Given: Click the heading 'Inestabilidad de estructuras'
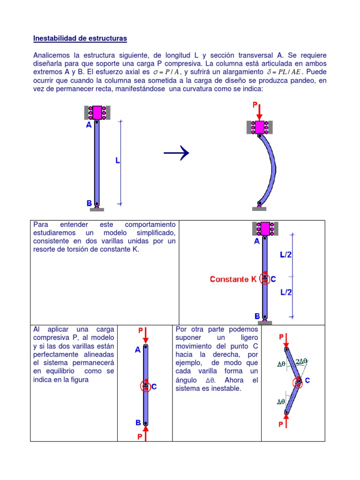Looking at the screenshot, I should tap(80, 38).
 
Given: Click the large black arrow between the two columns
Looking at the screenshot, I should tap(176, 153).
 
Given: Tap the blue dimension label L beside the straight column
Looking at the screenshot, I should tap(118, 160).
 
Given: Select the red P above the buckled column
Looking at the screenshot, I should tap(256, 105).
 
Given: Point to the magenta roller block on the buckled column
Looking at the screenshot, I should tap(260, 127).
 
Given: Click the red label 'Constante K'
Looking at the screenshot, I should tap(233, 279).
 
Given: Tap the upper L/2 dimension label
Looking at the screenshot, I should tap(286, 255).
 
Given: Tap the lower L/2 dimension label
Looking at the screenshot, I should tap(286, 292).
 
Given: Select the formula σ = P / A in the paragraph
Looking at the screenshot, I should tap(167, 72).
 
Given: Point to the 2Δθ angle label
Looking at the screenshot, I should tap(301, 361).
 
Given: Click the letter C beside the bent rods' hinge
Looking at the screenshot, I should tap(307, 381).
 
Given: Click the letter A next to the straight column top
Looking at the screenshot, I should tap(89, 125).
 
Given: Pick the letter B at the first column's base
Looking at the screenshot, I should tap(89, 203).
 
